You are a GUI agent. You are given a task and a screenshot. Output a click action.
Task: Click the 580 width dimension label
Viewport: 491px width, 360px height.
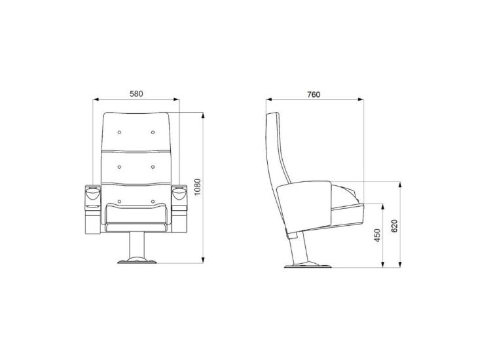(136, 94)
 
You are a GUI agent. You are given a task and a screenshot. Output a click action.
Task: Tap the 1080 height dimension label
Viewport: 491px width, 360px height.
(197, 187)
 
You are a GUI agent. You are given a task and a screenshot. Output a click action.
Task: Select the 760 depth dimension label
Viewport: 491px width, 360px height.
(314, 94)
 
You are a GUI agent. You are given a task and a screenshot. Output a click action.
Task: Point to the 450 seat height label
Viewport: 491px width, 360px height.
(377, 236)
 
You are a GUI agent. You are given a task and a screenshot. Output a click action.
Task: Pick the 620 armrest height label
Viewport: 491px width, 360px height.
(394, 226)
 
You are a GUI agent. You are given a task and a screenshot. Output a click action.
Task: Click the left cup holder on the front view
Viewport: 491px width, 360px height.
(93, 192)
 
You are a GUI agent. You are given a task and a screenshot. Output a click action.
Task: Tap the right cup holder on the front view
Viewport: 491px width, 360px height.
(179, 192)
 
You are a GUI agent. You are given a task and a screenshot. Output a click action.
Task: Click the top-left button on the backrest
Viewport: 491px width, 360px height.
(119, 132)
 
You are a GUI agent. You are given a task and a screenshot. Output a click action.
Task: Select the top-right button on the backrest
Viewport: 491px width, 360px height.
(153, 132)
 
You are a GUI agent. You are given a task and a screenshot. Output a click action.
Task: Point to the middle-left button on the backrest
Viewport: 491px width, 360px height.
(119, 167)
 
